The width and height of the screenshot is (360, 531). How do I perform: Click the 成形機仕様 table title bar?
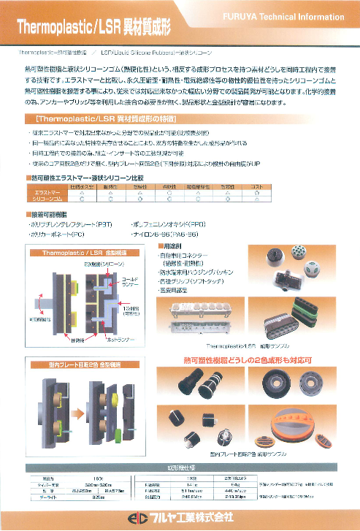(x=178, y=465)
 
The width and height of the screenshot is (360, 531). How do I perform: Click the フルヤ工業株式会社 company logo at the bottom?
(x=180, y=517)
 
